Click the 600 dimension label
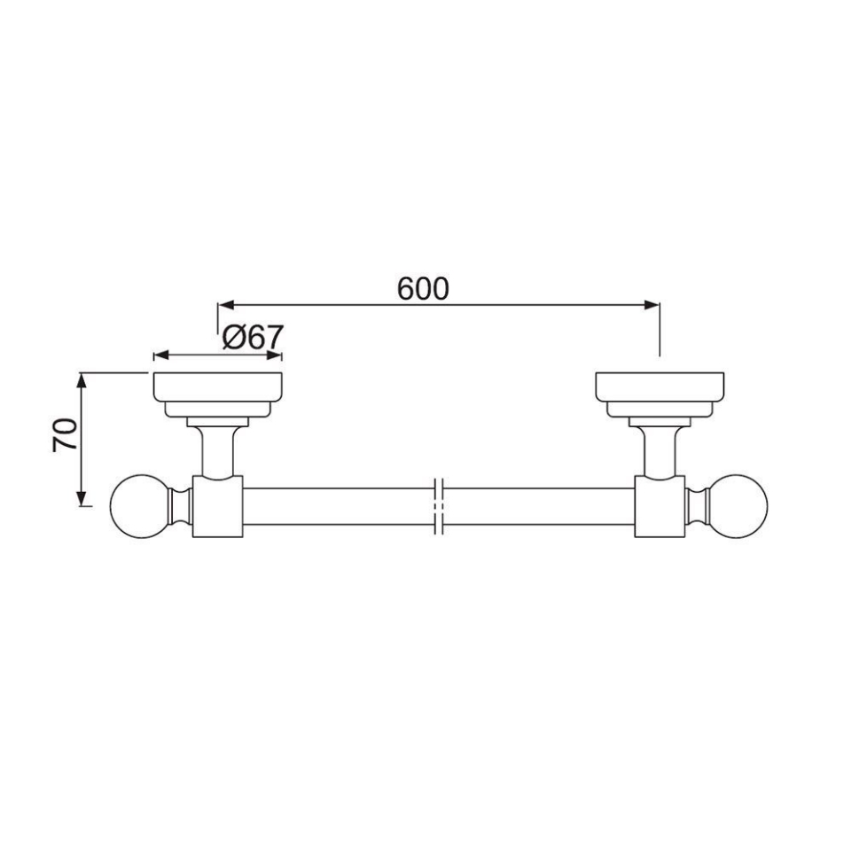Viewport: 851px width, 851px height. point(423,288)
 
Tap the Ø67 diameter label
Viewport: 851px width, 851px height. point(253,338)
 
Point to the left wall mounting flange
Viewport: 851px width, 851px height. point(218,387)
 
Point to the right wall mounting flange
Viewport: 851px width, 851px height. point(660,387)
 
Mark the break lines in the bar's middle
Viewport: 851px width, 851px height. point(438,506)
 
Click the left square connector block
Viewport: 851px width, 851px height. point(217,506)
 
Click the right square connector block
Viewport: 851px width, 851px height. point(660,506)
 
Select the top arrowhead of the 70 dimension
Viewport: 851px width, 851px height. point(82,380)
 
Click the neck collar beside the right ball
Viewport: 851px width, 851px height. point(696,506)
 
